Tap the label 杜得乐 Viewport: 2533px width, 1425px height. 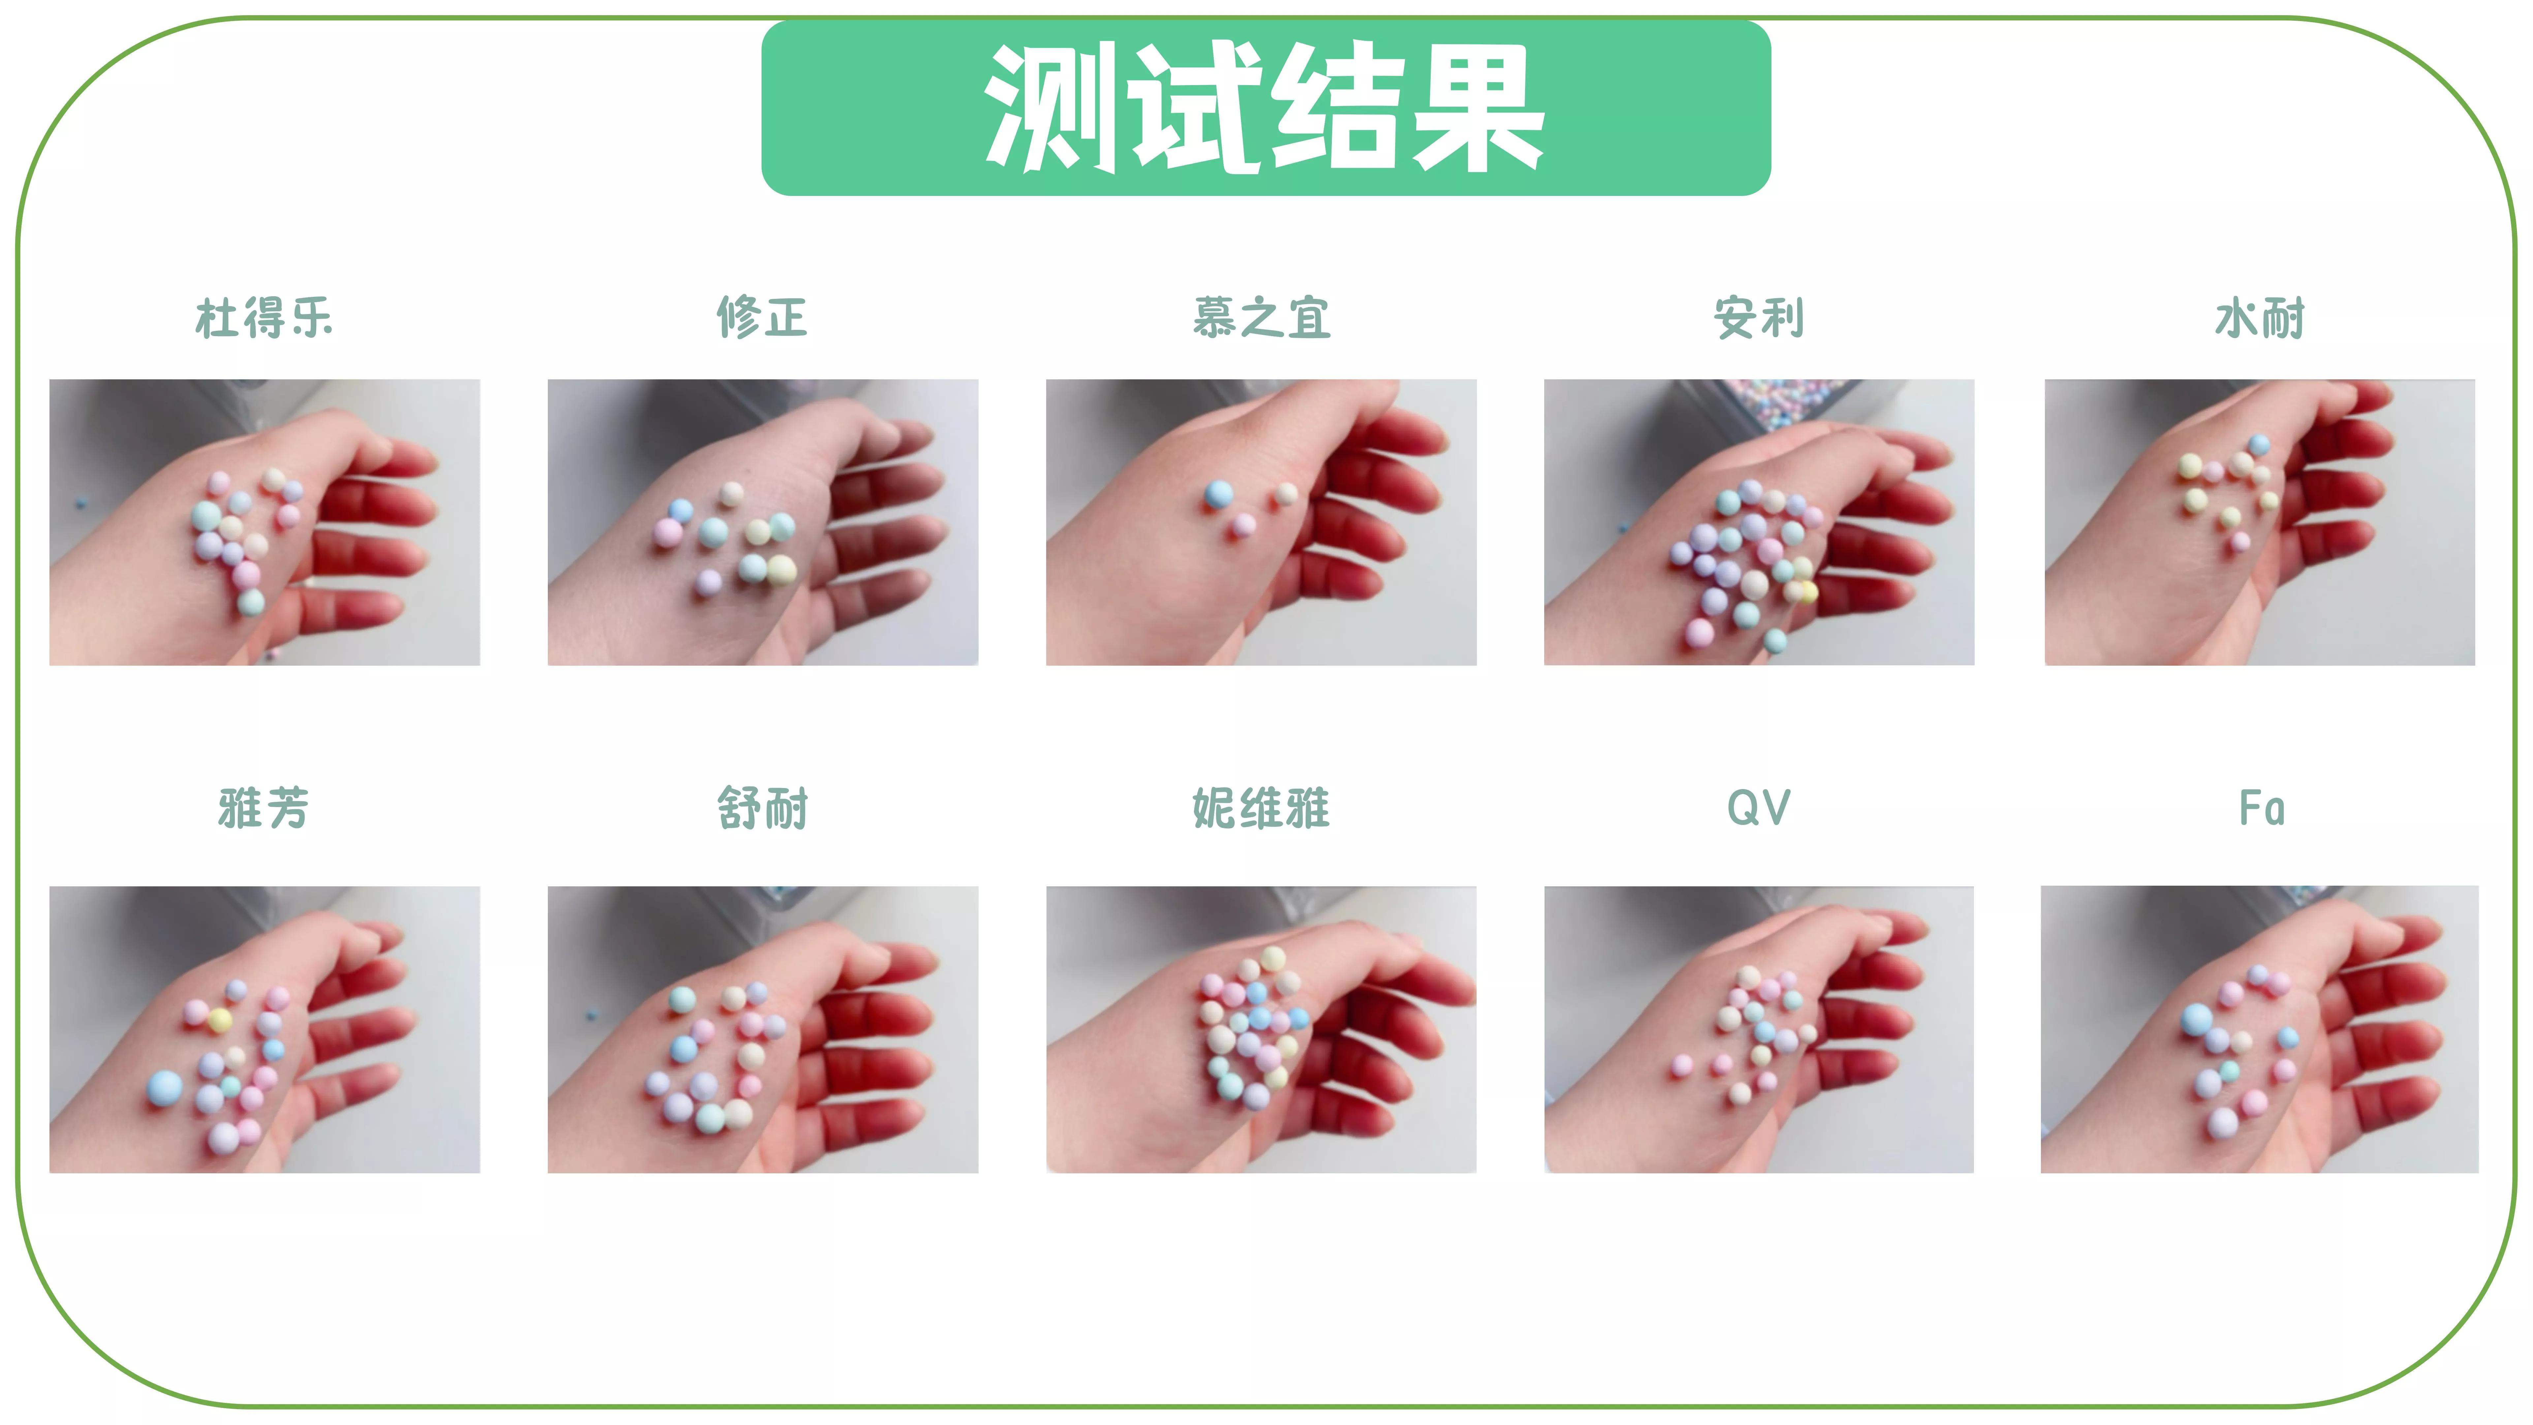(x=264, y=318)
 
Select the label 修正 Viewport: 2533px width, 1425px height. (x=762, y=318)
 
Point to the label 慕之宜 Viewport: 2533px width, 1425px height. (x=1262, y=318)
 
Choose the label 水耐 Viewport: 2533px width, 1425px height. (x=2260, y=318)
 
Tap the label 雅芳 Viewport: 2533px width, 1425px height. (x=264, y=808)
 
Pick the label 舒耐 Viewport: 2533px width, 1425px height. (x=762, y=808)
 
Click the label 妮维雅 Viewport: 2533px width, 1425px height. (x=1262, y=808)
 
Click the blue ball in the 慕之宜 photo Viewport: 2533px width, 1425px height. (x=1218, y=494)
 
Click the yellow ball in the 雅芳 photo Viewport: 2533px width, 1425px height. (x=220, y=1020)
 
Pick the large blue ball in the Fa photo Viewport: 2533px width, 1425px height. (x=2197, y=1018)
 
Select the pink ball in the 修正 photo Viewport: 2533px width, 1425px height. (x=668, y=532)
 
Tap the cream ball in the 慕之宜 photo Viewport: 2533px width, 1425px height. (x=1286, y=494)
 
